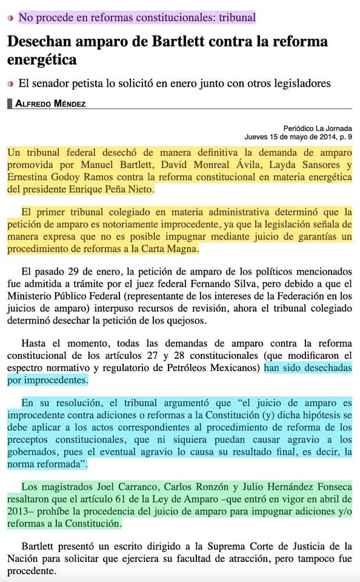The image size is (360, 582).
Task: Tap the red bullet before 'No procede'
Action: [x=10, y=18]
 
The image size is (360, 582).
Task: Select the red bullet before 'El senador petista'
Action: [x=10, y=84]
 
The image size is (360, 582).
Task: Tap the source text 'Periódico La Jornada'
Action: [x=317, y=129]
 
